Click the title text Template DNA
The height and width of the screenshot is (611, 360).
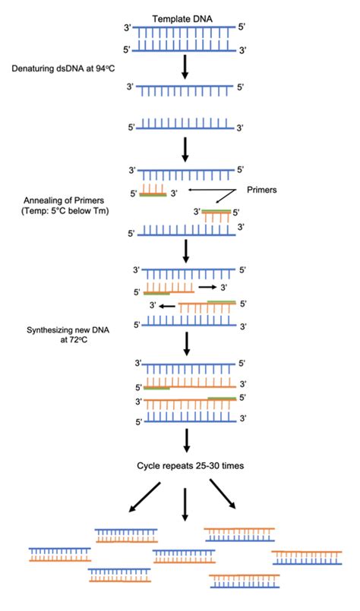[185, 17]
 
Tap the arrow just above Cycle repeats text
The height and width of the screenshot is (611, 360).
[185, 438]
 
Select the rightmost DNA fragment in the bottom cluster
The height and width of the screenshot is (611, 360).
[301, 557]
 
